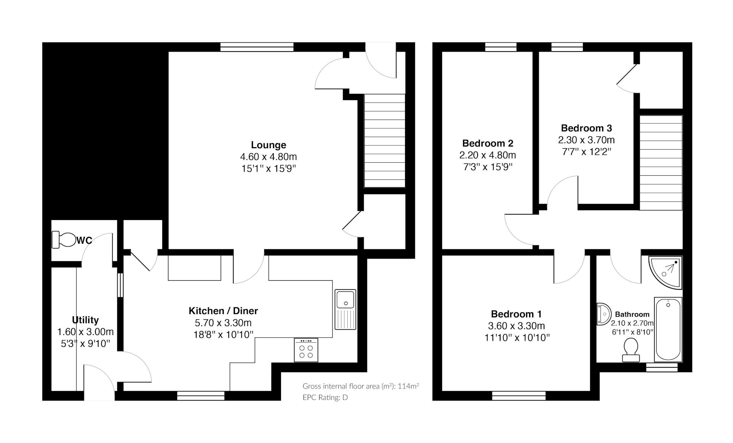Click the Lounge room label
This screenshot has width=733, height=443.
[x=268, y=145]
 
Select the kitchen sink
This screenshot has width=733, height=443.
[x=346, y=309]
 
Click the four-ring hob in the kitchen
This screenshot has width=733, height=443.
[x=306, y=350]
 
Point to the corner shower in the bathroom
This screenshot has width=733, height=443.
[x=665, y=272]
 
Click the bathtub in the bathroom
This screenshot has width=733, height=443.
[x=668, y=329]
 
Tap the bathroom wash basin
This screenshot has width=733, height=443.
[x=604, y=314]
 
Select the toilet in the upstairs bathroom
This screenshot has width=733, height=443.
[x=631, y=350]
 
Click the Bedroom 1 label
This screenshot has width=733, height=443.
[x=516, y=314]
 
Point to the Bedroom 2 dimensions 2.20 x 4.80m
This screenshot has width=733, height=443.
[x=488, y=155]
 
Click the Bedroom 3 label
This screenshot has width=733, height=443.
[x=586, y=128]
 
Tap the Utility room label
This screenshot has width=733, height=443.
[x=86, y=320]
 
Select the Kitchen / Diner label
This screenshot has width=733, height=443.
[x=223, y=311]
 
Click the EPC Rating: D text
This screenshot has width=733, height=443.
[x=325, y=398]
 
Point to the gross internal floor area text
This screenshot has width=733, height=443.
[x=361, y=386]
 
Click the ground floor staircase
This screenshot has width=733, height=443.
[x=384, y=141]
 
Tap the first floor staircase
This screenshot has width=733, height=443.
[x=661, y=163]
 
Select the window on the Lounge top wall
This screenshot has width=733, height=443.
[x=257, y=47]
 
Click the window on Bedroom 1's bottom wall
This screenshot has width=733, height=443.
[x=519, y=396]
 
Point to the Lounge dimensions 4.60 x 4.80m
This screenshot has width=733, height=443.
[x=268, y=157]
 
